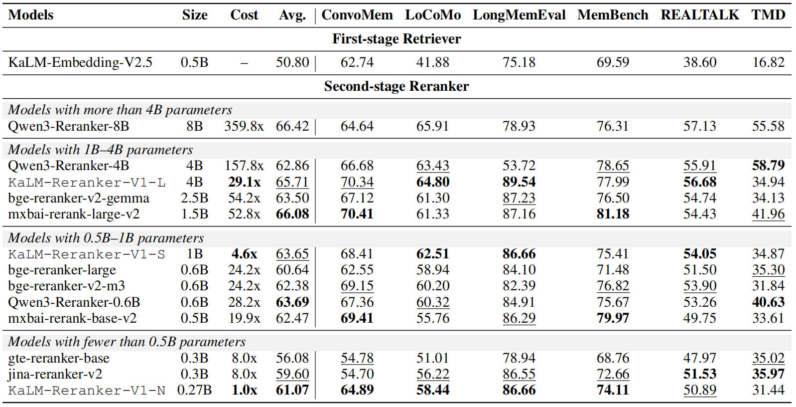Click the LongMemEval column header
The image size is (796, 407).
coord(519,15)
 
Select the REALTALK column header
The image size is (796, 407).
coord(700,15)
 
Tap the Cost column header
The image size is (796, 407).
coord(244,15)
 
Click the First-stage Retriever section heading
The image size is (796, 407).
coord(397,39)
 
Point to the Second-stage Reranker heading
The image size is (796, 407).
coord(397,86)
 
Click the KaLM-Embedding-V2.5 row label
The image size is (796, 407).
coord(80,62)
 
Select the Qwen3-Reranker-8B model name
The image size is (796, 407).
coord(68,126)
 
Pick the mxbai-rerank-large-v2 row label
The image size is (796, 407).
coord(74,214)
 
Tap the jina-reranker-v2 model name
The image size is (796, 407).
coord(55,374)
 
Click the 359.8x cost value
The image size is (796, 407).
coord(244,126)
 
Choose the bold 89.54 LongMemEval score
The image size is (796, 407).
coord(519,182)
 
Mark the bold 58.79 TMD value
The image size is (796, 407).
coord(768,166)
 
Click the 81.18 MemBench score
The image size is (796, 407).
coord(613,214)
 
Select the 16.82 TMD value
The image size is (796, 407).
coord(768,62)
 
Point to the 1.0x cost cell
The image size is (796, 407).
coord(244,390)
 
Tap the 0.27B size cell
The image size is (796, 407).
coord(194,390)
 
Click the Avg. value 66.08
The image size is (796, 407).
coord(292,214)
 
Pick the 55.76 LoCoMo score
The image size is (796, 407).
coord(433,318)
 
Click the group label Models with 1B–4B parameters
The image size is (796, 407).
coord(100,150)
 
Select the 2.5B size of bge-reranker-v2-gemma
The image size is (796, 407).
coord(194,198)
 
